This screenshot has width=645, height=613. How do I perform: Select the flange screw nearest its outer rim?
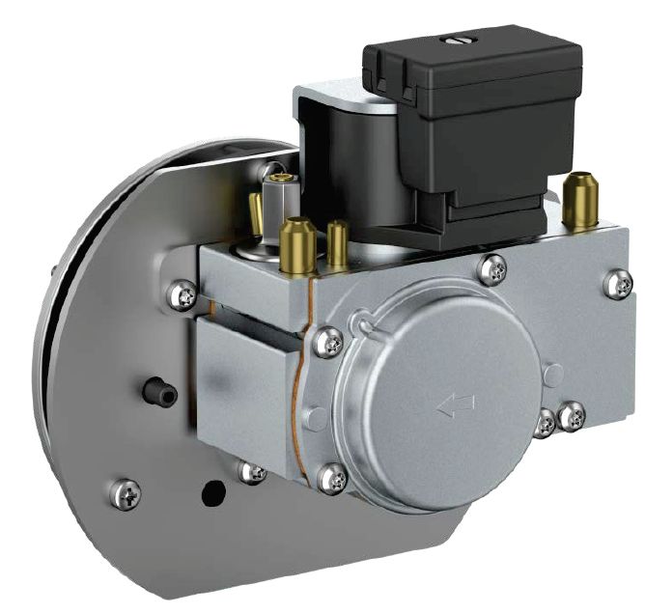126,494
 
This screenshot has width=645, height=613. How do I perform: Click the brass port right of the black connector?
580,200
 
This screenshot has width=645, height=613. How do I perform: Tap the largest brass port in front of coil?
297,245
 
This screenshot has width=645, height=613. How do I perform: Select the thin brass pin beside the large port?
338,244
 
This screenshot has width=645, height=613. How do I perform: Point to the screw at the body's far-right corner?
618,284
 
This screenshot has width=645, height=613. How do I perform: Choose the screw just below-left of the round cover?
331,477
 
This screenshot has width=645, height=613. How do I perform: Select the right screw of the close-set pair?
572,416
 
